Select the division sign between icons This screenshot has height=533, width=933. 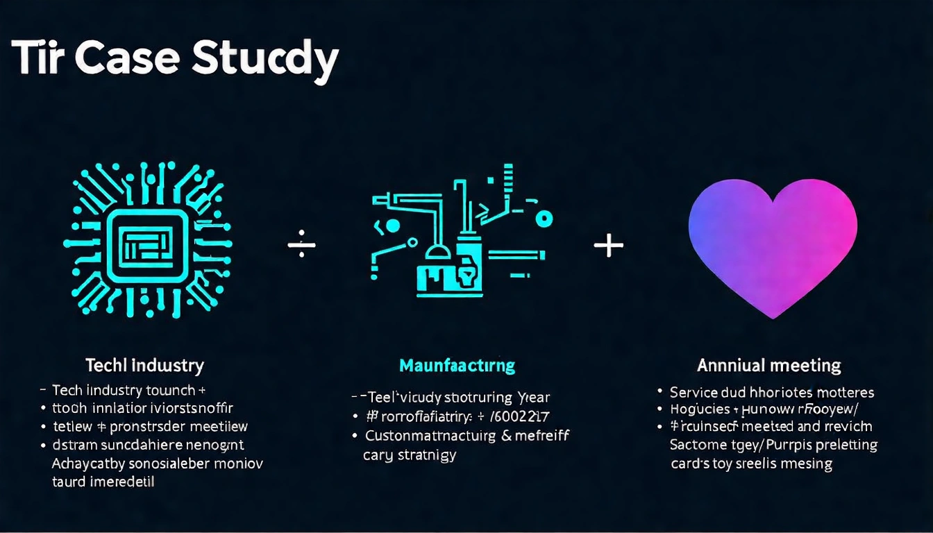(x=301, y=246)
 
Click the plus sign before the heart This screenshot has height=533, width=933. (x=609, y=245)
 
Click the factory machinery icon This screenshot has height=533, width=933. (x=458, y=232)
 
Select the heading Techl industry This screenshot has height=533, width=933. (x=144, y=365)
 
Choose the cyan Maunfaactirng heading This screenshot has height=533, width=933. (x=457, y=365)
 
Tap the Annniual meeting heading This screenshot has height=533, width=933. (x=768, y=365)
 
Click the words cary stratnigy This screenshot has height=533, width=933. (x=410, y=455)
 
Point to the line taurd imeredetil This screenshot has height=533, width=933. (x=103, y=482)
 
